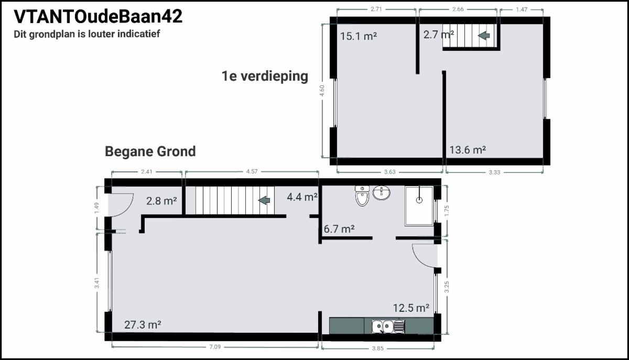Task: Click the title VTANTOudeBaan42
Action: coord(98,16)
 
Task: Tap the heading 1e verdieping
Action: coord(265,76)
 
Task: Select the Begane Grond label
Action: coord(150,151)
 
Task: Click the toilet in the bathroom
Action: coord(362,196)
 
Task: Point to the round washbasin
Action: coord(382,193)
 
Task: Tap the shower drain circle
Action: coord(419,200)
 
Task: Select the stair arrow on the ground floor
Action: coord(264,200)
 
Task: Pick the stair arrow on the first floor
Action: coord(484,36)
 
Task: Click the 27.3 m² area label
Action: coord(143,325)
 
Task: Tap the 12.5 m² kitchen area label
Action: coord(411,308)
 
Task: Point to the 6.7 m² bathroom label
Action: coord(339,229)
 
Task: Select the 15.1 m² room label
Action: coord(359,36)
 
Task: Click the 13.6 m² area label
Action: coord(468,150)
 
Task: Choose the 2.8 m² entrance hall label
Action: coord(161,201)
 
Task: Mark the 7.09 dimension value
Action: coord(215,347)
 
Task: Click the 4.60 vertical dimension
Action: coord(322,91)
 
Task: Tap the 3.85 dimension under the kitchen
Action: coord(378,348)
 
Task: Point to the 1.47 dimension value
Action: coord(522,9)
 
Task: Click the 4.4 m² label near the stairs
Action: coord(302,197)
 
